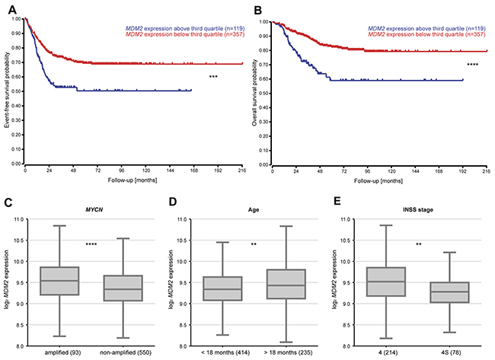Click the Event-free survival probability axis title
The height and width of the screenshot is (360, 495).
6,91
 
